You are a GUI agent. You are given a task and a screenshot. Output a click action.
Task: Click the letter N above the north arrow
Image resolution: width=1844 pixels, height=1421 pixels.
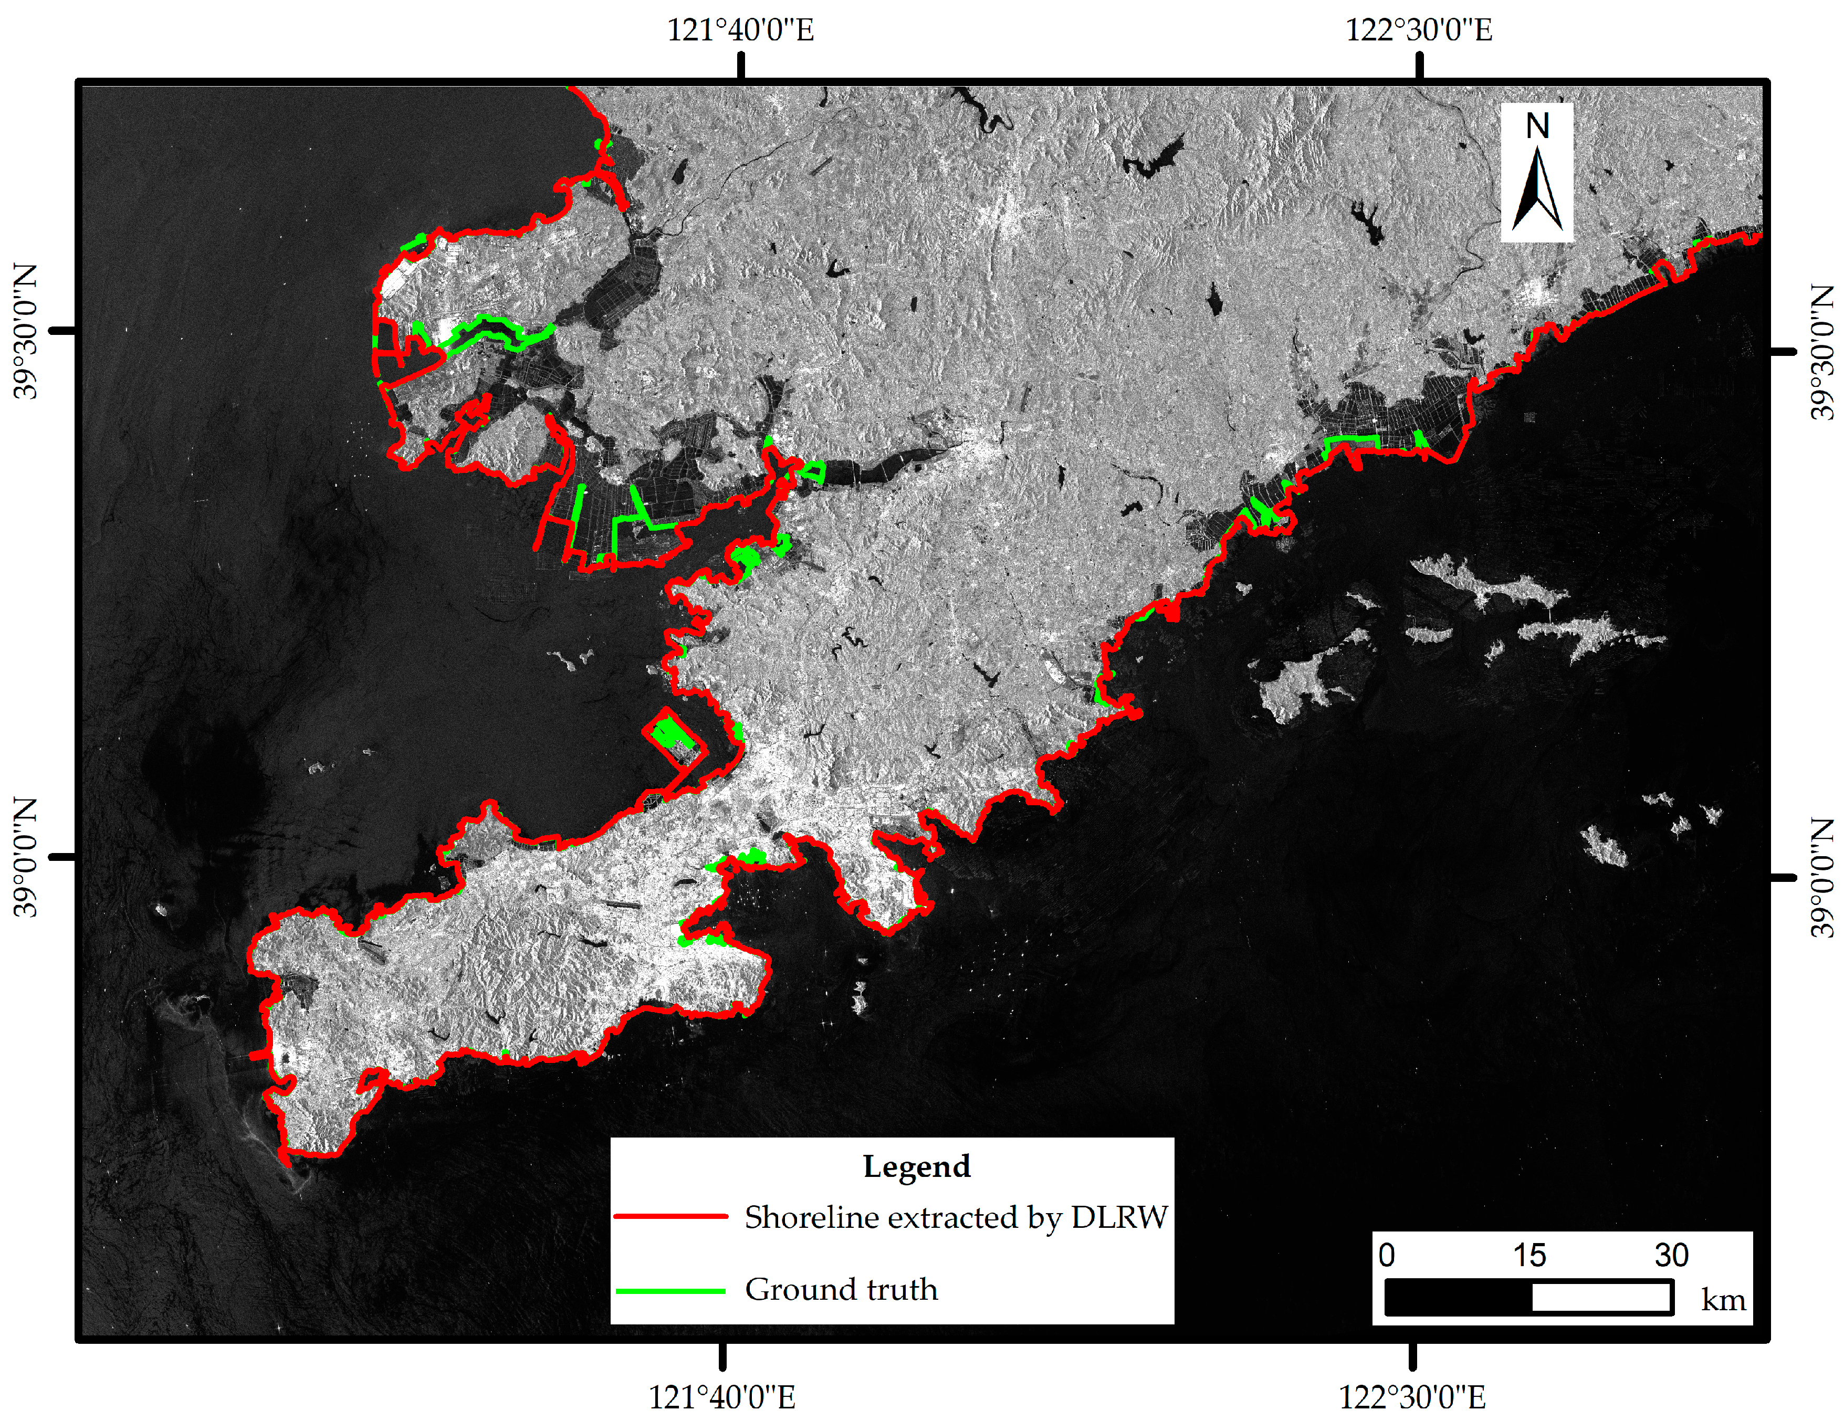point(1537,127)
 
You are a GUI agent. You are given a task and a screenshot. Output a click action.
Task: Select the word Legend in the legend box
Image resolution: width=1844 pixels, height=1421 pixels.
point(916,1167)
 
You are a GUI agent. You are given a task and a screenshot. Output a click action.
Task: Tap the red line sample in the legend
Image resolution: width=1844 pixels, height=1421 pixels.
point(671,1217)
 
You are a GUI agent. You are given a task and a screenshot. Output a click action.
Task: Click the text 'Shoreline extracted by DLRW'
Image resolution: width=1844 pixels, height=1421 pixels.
point(956,1217)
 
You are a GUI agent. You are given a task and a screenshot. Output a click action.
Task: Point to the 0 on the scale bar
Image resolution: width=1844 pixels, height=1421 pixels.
point(1386,1256)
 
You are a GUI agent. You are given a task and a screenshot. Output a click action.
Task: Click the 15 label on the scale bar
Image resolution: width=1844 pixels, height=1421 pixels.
point(1529,1256)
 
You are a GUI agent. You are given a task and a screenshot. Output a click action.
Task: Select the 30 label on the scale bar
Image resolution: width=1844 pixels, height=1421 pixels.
point(1671,1256)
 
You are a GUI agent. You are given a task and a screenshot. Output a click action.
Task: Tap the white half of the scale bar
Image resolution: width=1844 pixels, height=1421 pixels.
point(1601,1298)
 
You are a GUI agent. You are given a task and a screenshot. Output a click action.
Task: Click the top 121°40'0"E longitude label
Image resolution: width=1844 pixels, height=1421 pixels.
point(740,30)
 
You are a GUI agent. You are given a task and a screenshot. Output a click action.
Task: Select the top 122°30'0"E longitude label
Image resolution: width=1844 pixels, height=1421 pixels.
point(1419,30)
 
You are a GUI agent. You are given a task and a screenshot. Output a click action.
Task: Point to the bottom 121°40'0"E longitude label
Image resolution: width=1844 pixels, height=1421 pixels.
point(722,1397)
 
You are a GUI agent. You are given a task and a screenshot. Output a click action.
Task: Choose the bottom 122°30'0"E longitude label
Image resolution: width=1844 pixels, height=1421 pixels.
point(1412,1397)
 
